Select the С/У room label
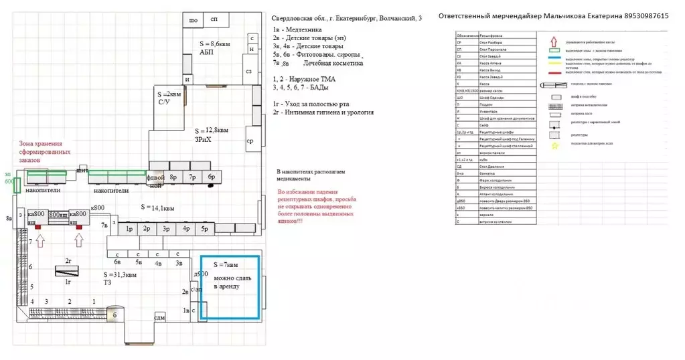(164, 102)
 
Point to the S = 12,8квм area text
(212, 130)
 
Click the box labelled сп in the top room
(214, 21)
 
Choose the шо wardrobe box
(194, 21)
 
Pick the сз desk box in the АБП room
(248, 70)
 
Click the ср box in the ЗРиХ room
(249, 141)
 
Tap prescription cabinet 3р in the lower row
(166, 230)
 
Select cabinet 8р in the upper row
(173, 177)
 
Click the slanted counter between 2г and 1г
(66, 271)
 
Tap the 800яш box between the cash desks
(58, 214)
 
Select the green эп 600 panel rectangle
(16, 185)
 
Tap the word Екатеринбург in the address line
(354, 18)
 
